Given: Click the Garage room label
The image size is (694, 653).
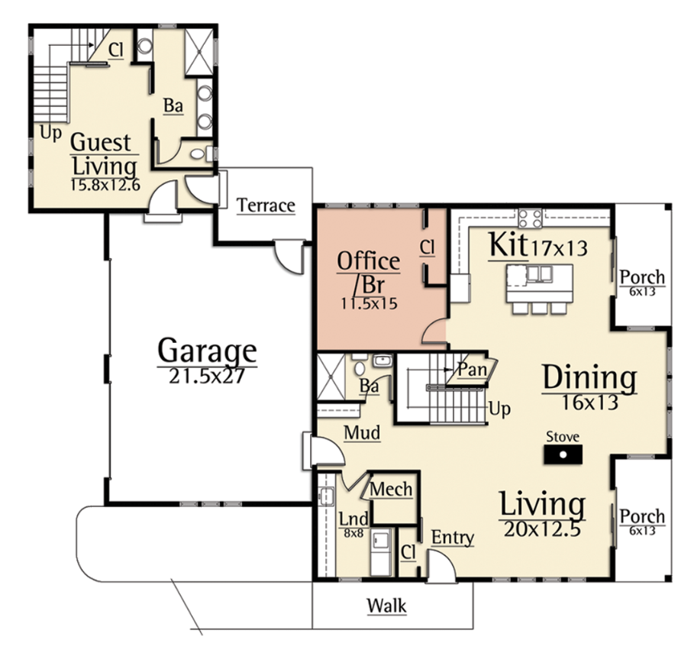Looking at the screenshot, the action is tap(207, 351).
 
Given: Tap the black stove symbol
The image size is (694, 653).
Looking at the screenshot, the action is tap(563, 454).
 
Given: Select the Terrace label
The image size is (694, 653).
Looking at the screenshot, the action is tap(266, 205).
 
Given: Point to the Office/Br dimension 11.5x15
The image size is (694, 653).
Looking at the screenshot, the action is tap(369, 303).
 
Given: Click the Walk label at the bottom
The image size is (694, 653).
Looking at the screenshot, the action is tap(386, 606).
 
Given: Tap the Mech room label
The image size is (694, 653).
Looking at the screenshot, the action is tap(391, 490).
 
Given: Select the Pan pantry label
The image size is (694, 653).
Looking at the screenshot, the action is tap(472, 368).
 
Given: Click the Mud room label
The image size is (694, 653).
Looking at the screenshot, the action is tap(362, 432).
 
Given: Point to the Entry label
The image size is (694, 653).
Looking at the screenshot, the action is tap(453, 538).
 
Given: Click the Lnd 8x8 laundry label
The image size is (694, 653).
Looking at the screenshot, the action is tap(353, 525).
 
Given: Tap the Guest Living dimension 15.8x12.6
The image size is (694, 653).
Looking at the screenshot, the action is tap(105, 185).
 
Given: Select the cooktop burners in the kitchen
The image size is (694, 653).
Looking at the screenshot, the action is tap(531, 218).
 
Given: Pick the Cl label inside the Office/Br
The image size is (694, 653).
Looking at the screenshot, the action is tap(427, 247).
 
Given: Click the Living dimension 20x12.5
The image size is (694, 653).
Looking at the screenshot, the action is tap(542, 529).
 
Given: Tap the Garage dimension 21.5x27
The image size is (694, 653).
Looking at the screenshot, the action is tap(207, 376).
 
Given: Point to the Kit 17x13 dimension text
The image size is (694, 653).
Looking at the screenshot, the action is tap(559, 248).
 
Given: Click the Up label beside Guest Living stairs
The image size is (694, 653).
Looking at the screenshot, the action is tap(50, 133).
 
